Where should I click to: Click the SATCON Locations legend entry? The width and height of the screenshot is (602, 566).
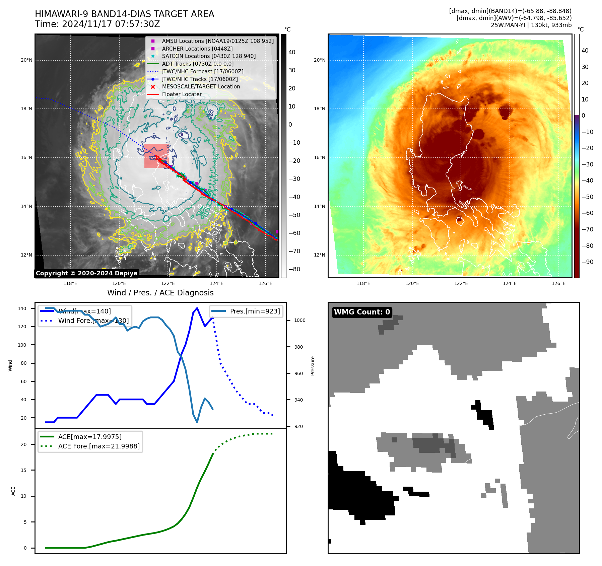(x=208, y=56)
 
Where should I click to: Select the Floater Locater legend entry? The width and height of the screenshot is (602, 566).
(x=182, y=94)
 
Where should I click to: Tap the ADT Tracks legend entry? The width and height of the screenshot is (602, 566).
(x=198, y=64)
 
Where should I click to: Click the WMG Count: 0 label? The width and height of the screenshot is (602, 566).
(x=362, y=312)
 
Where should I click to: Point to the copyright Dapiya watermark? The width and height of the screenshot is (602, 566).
(x=86, y=273)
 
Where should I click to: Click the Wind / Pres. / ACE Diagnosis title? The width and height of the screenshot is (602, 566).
(x=160, y=293)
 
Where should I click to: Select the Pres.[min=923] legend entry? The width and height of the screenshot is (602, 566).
(x=255, y=311)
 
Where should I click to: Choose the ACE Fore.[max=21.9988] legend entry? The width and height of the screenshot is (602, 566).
(x=99, y=446)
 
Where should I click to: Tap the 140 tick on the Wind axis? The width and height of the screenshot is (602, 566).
(x=22, y=308)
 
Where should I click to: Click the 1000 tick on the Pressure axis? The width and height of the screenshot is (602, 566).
(x=300, y=320)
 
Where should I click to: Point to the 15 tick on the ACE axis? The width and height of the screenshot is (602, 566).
(x=23, y=470)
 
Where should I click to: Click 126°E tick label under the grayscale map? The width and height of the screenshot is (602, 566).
(x=265, y=284)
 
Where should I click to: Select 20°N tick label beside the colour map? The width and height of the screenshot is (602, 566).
(x=320, y=60)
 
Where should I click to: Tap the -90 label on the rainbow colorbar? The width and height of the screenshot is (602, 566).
(x=587, y=262)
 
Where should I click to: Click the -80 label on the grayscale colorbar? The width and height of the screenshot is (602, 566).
(x=294, y=269)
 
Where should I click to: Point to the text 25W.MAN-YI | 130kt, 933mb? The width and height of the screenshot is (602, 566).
(x=531, y=25)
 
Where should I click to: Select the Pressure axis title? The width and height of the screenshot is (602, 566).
(x=313, y=366)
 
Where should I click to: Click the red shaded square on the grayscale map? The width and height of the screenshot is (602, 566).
(x=155, y=156)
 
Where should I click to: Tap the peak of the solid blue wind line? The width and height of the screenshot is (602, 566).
(x=197, y=308)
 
